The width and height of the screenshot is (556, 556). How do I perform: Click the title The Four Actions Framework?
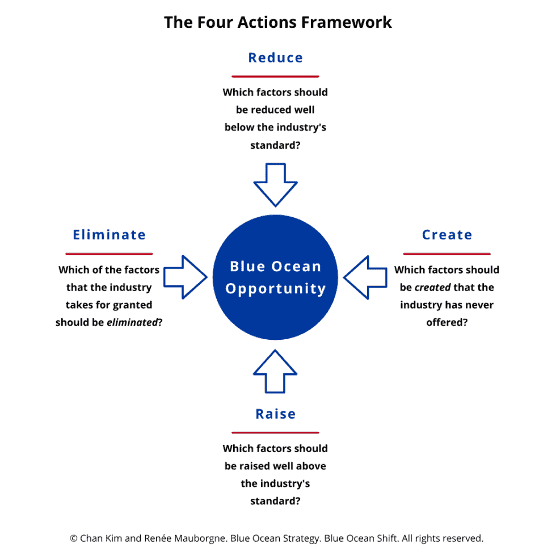(277, 22)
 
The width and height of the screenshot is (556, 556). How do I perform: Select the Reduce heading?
(275, 58)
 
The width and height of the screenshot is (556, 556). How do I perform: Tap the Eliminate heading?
(109, 235)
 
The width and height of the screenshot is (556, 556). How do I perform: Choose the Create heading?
(447, 235)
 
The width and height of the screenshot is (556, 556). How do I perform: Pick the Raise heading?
(275, 414)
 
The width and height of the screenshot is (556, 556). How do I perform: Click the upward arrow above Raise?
(275, 371)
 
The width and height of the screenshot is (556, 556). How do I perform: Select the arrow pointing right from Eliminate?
(186, 277)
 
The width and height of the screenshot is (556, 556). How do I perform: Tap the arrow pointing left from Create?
(365, 277)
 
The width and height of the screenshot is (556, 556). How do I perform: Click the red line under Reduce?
(275, 76)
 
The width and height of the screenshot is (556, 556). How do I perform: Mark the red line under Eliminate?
(109, 254)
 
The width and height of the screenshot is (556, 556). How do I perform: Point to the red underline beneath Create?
(447, 254)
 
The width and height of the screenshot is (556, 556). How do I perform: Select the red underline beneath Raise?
(275, 432)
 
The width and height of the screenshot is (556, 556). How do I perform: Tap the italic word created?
(432, 288)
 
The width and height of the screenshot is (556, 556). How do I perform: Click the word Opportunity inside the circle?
(275, 289)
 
